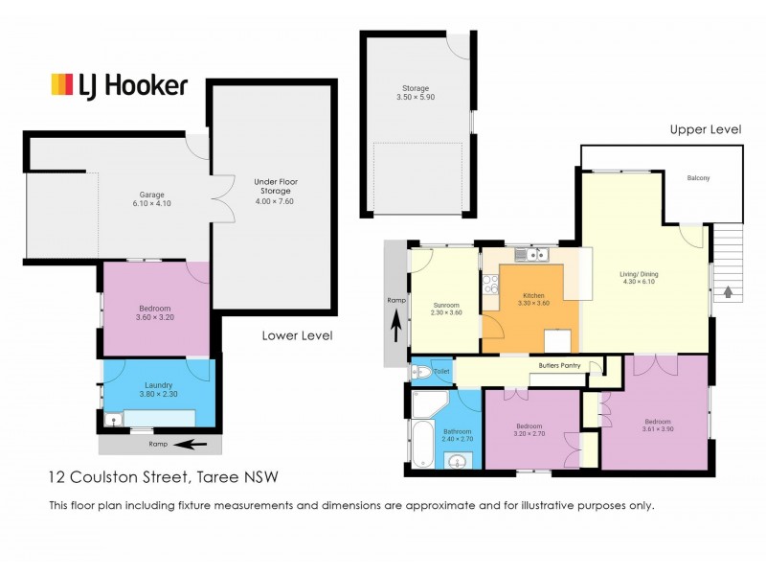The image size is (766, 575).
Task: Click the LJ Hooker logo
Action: click(119, 84)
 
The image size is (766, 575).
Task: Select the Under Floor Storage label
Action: click(273, 191)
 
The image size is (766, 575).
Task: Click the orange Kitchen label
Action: click(533, 299)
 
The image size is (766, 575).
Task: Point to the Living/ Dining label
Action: click(640, 278)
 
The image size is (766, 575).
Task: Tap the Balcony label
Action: click(698, 179)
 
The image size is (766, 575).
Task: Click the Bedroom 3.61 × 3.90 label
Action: click(657, 425)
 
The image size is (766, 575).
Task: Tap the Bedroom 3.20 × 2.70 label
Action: click(529, 429)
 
